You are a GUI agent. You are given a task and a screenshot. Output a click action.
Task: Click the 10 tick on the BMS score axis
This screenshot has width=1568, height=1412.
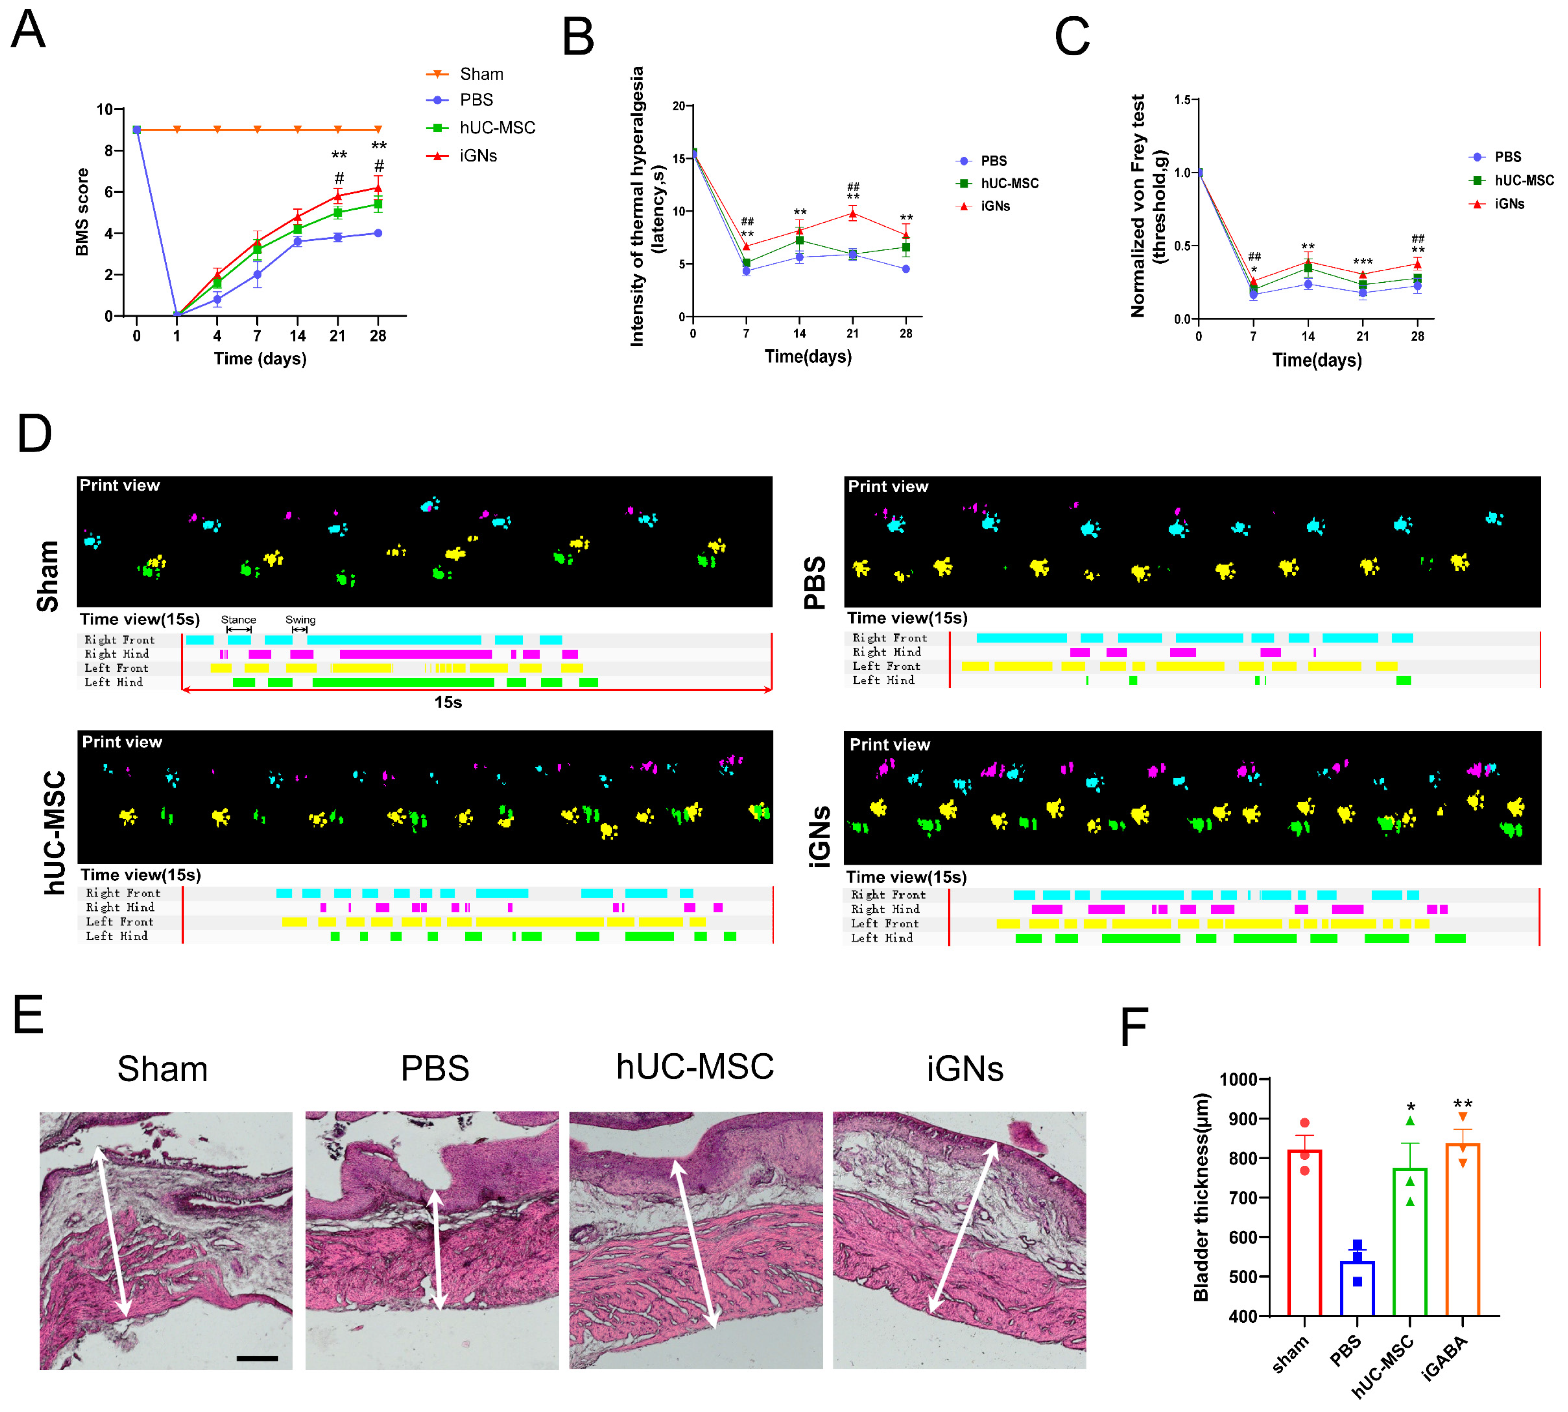[x=104, y=110]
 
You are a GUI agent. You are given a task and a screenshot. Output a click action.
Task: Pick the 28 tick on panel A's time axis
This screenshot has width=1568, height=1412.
[x=378, y=336]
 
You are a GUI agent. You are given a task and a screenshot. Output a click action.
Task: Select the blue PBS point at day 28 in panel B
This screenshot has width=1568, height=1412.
[x=905, y=269]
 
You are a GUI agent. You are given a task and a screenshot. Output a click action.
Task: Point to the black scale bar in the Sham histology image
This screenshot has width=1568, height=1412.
[x=257, y=1358]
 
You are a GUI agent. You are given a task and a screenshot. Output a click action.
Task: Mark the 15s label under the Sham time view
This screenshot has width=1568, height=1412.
[x=448, y=702]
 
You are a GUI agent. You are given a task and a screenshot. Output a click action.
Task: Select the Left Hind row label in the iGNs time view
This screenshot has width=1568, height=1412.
[x=881, y=938]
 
